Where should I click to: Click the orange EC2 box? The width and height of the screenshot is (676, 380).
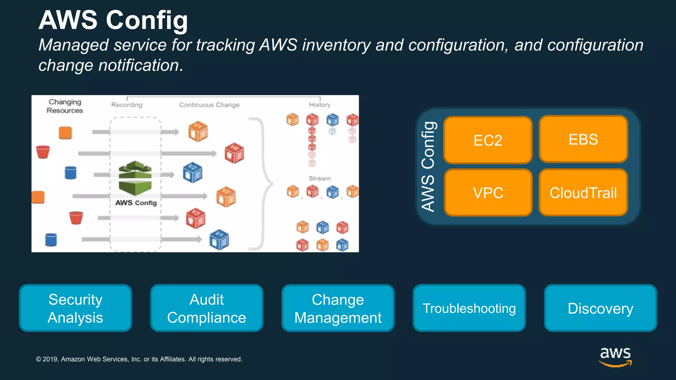[x=488, y=140]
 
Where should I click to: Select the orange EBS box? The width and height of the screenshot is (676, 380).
[x=583, y=139]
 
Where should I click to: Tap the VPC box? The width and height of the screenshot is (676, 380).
[x=488, y=193]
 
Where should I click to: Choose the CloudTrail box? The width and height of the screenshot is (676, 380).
[x=583, y=193]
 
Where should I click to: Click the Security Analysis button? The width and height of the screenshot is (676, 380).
[x=75, y=308]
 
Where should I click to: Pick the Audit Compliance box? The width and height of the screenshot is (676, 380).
[x=207, y=308]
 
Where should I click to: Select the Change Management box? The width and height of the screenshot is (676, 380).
[x=338, y=308]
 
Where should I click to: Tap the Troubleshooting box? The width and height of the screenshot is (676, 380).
[x=469, y=308]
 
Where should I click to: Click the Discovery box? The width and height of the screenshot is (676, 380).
[x=600, y=308]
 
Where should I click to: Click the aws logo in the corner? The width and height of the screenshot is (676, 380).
[x=615, y=356]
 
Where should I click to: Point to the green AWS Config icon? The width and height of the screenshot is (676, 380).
[x=135, y=178]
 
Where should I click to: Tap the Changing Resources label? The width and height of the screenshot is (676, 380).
[x=65, y=106]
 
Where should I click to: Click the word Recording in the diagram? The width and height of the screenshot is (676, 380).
[x=127, y=105]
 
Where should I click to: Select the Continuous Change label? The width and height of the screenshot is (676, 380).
[x=209, y=105]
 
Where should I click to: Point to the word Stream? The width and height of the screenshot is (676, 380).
[x=320, y=178]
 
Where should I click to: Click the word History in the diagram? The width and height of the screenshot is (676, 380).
[x=320, y=105]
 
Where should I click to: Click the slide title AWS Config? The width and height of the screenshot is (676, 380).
[x=113, y=20]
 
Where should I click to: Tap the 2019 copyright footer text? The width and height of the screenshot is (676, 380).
[x=139, y=359]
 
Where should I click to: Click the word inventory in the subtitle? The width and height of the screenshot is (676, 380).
[x=336, y=45]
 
